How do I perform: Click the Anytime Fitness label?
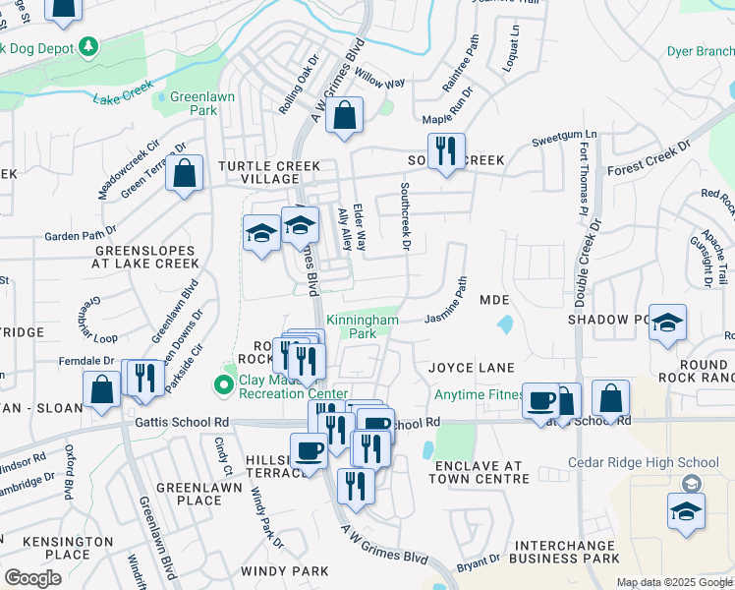click(x=480, y=395)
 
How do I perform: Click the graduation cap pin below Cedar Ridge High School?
click(x=686, y=510)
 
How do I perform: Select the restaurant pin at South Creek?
click(x=447, y=150)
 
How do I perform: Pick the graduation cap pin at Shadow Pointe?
click(x=667, y=324)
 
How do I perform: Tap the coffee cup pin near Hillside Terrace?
click(x=309, y=451)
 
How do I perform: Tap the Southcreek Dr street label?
click(x=404, y=213)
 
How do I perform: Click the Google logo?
click(x=32, y=578)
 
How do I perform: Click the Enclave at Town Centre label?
click(x=482, y=471)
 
